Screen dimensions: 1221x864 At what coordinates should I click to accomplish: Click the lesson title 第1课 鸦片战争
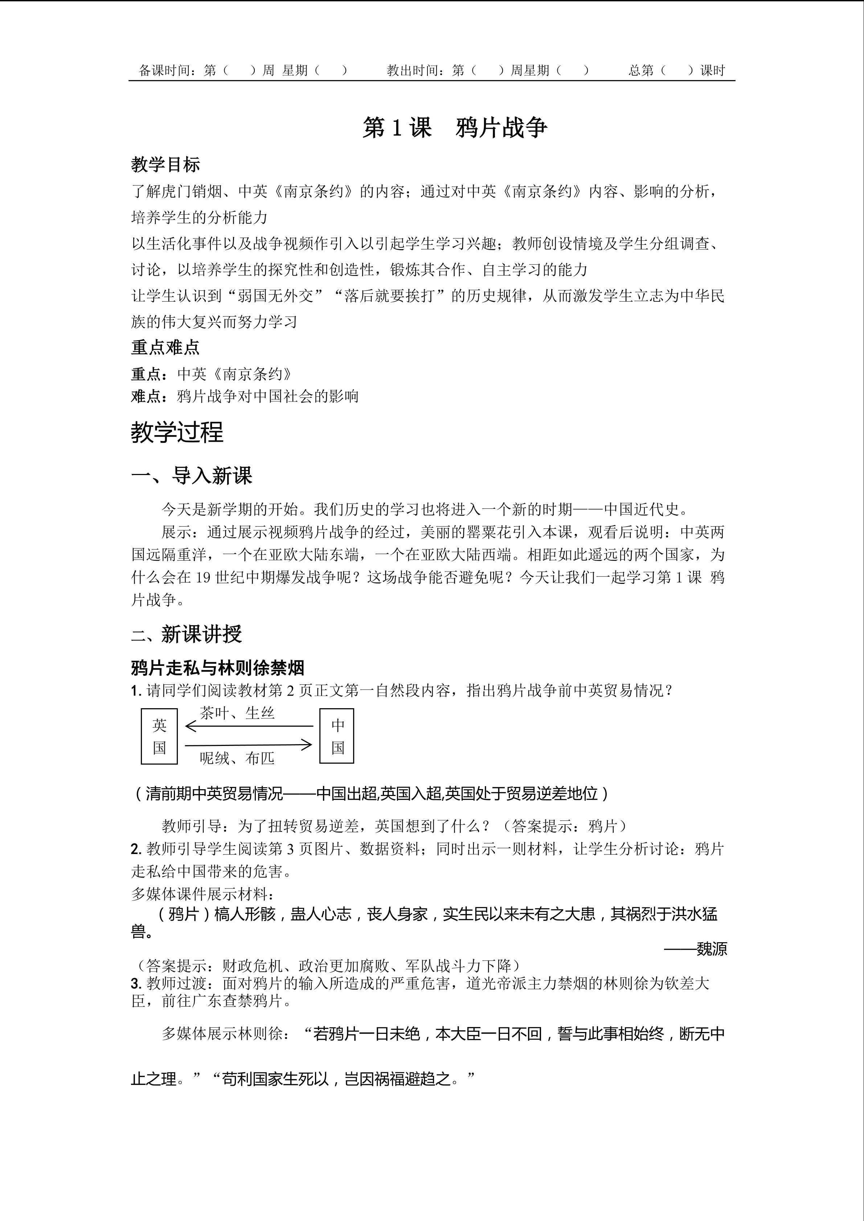(x=455, y=128)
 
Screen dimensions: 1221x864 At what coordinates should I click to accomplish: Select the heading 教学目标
(x=165, y=165)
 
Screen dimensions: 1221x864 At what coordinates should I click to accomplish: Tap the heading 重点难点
(x=165, y=347)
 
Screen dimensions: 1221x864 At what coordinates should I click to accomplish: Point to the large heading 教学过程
(x=177, y=432)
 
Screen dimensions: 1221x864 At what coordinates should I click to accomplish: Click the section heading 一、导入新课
(x=192, y=475)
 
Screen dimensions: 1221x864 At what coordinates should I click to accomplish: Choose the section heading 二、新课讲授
(x=187, y=634)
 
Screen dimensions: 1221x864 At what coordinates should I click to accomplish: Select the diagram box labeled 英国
(x=159, y=736)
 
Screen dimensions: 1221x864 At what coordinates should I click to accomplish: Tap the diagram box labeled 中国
(x=337, y=736)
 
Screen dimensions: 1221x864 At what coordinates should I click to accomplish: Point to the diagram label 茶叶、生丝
(x=237, y=713)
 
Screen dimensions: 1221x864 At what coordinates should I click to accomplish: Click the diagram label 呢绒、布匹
(x=237, y=758)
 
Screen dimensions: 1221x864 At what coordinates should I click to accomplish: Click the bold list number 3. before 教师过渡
(x=136, y=983)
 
